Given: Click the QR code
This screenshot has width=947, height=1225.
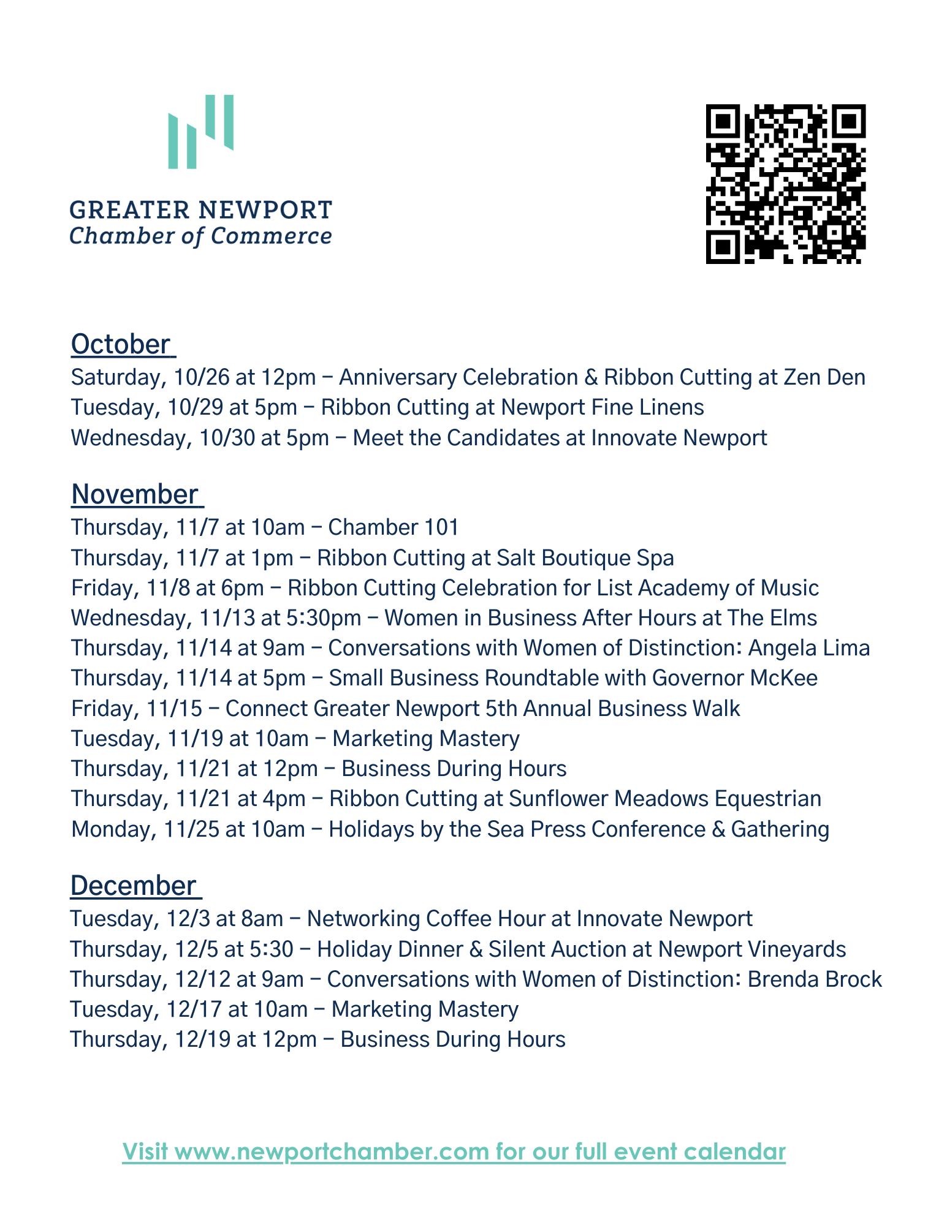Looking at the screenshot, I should (785, 184).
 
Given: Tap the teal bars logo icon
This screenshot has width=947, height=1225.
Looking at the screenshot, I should (201, 131).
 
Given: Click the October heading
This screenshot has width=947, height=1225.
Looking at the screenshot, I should (121, 344).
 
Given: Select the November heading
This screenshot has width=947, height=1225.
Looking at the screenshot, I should (135, 494).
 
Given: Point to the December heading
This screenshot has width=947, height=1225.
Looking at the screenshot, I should (133, 886).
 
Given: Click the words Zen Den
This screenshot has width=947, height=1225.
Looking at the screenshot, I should (824, 377).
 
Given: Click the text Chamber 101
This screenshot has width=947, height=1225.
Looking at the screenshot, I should (394, 527).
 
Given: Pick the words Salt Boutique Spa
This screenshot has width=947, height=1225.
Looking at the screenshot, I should (585, 558).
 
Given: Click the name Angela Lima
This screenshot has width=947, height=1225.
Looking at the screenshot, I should (808, 648).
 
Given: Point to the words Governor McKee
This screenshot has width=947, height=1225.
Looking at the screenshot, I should (734, 678).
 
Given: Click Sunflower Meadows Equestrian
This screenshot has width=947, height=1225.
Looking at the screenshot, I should (665, 799).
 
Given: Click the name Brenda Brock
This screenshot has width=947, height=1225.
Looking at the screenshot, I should (815, 979).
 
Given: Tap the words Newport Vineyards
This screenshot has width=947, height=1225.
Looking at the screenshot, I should (752, 949).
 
